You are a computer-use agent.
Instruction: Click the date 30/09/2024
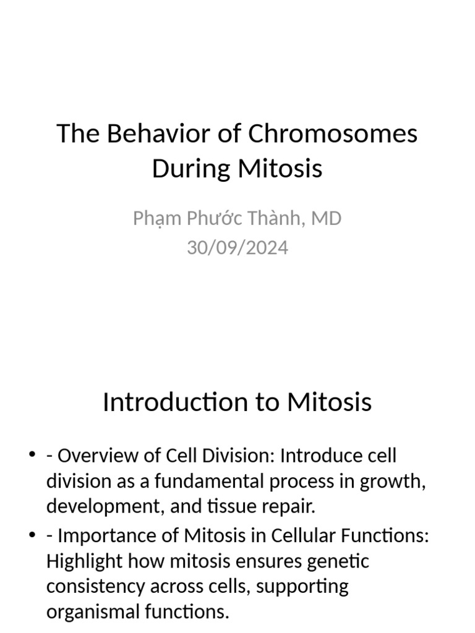pyautogui.click(x=237, y=247)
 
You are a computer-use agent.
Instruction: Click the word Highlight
pyautogui.click(x=83, y=561)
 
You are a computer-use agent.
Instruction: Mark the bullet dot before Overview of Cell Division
pyautogui.click(x=32, y=456)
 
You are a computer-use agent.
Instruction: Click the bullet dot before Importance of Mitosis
pyautogui.click(x=32, y=535)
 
